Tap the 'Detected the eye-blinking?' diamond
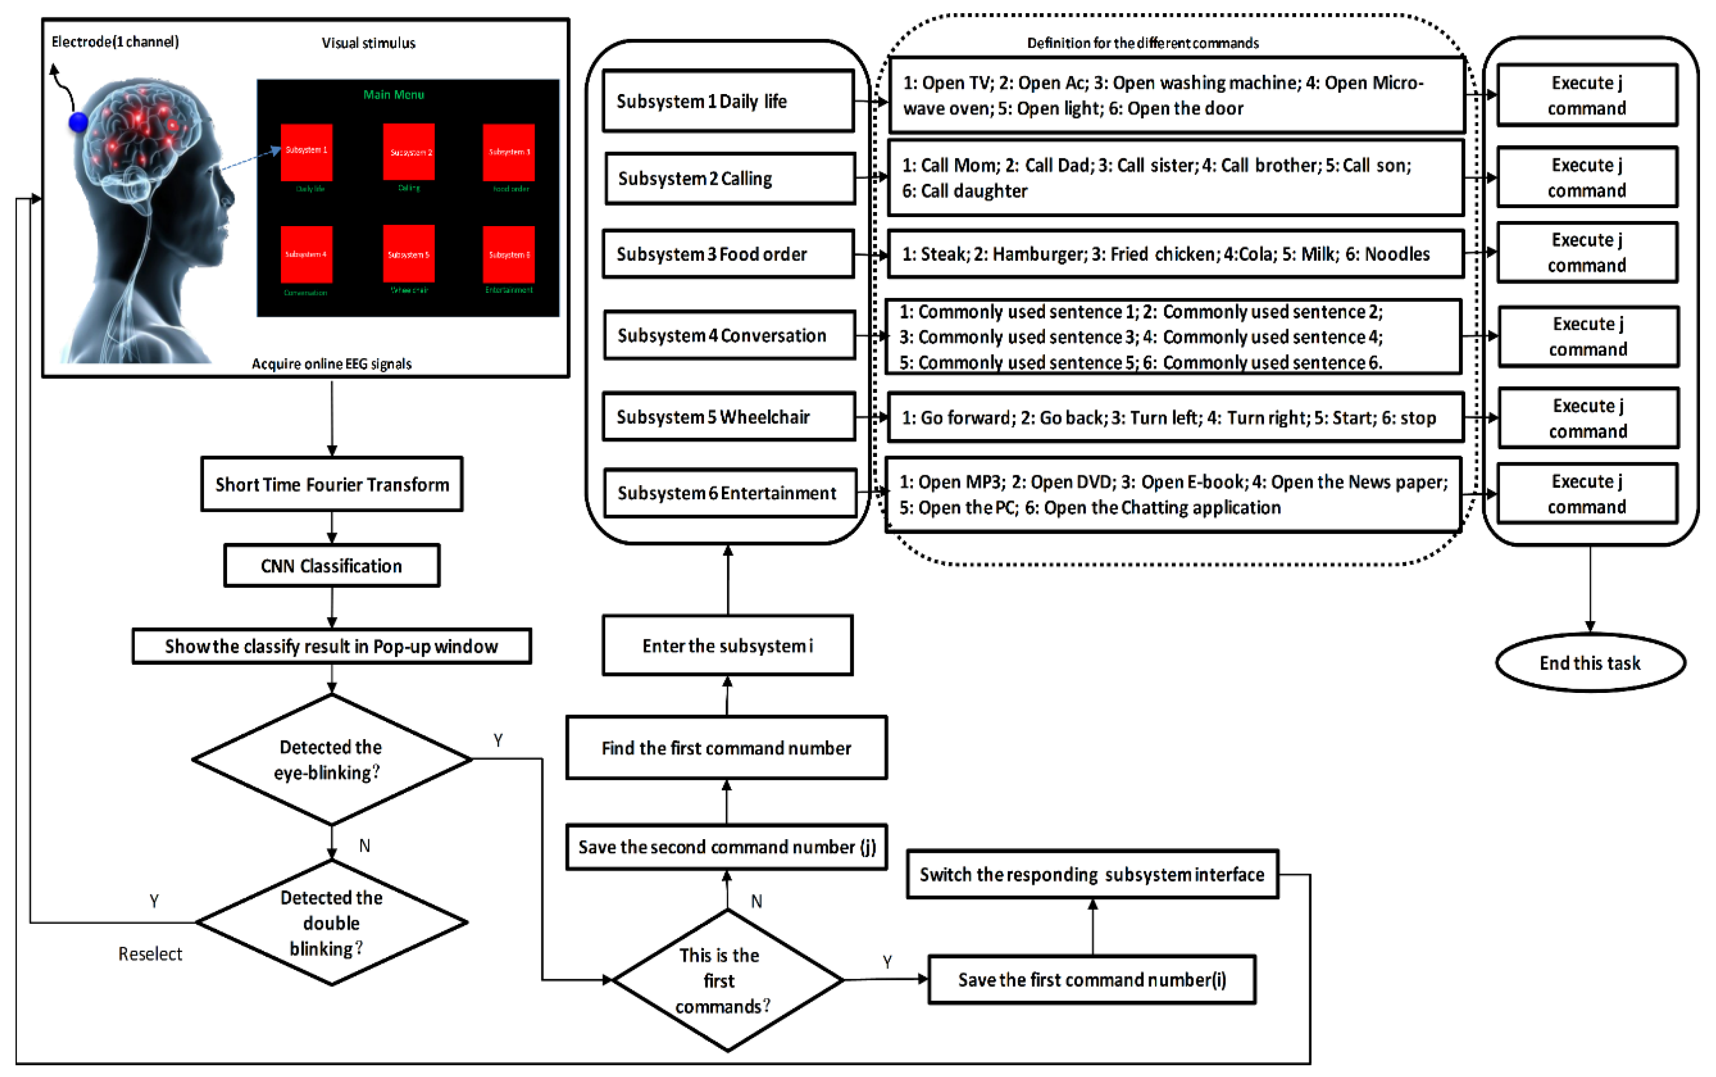(331, 759)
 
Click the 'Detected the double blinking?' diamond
(331, 922)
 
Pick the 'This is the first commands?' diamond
(727, 980)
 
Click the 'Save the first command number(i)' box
(1091, 980)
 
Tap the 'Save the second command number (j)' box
(727, 847)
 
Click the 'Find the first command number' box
(727, 748)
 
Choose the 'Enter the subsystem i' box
(728, 645)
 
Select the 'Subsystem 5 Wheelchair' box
(728, 417)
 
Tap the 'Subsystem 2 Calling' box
(729, 178)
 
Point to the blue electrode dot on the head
(78, 123)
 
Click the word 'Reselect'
(150, 954)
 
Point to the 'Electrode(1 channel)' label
(115, 42)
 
